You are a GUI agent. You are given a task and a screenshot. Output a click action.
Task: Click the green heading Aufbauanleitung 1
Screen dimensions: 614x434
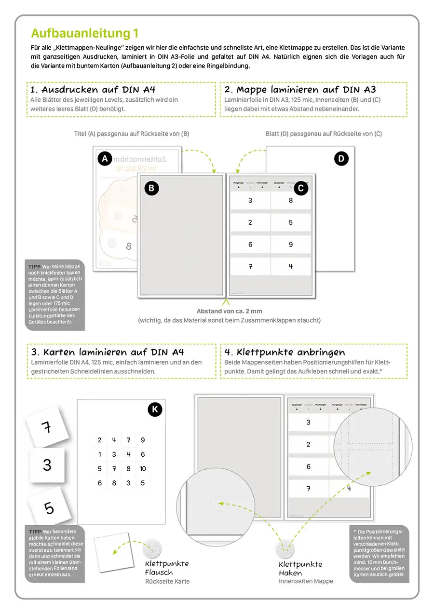tap(85, 33)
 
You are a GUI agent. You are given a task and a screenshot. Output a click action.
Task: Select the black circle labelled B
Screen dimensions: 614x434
tap(151, 188)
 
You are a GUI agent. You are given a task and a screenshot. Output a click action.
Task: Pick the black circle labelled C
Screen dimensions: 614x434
tap(301, 188)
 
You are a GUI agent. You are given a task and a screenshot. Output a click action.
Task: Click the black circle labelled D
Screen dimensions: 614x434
tap(341, 158)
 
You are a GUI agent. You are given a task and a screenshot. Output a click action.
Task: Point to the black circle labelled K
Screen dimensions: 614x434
tap(154, 410)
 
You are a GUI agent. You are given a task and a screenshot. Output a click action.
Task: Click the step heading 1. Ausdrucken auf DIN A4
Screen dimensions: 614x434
tap(93, 90)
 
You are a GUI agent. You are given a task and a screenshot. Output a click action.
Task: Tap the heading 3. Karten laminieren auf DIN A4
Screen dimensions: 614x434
tap(107, 352)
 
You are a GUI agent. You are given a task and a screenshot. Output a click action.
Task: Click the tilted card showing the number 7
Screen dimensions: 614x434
tap(47, 426)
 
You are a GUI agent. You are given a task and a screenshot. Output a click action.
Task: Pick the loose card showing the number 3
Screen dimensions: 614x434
tap(47, 465)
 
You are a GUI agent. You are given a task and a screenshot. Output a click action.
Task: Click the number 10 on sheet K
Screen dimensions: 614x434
tap(142, 468)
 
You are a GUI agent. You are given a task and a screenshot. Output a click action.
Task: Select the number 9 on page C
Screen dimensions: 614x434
tap(291, 245)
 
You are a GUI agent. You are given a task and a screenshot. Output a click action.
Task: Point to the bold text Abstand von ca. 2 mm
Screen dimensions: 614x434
tap(229, 311)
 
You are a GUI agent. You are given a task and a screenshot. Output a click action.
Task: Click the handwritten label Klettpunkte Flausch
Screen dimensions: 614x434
tap(167, 568)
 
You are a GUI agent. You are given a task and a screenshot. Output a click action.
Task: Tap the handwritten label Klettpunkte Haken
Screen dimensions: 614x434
tap(300, 569)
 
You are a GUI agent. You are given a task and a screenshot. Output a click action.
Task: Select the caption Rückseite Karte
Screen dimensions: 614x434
tap(167, 582)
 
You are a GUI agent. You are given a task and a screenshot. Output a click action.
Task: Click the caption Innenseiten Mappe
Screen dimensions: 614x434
tap(306, 581)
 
